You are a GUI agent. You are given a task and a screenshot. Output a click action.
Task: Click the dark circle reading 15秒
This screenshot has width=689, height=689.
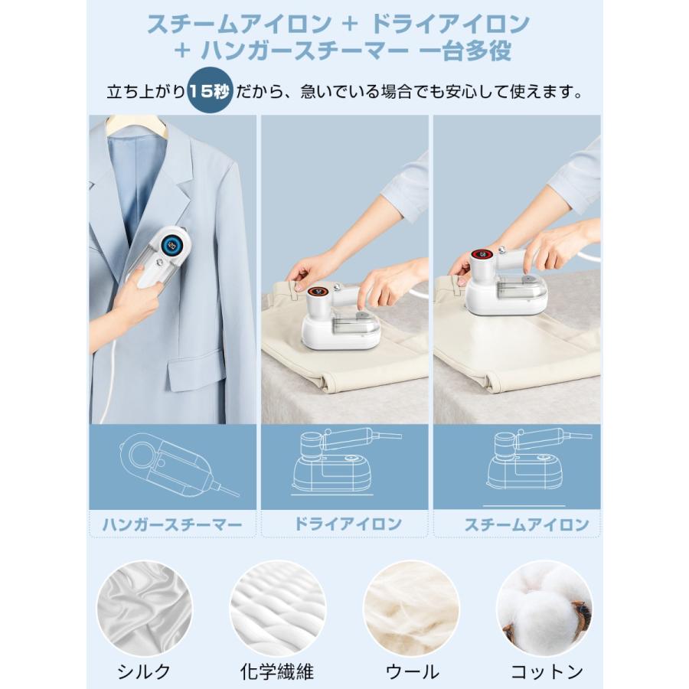click(x=210, y=90)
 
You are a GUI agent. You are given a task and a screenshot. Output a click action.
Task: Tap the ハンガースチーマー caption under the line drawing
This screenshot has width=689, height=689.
click(x=172, y=524)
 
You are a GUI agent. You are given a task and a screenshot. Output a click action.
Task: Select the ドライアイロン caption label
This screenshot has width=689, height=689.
click(x=348, y=524)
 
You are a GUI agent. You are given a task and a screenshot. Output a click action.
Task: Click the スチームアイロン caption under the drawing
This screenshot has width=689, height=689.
click(x=527, y=524)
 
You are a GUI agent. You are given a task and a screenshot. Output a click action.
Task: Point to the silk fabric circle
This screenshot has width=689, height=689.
click(x=145, y=609)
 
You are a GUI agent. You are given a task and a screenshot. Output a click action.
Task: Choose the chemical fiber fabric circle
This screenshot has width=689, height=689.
click(x=278, y=609)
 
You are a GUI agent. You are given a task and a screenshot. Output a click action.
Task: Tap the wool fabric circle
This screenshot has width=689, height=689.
click(x=411, y=609)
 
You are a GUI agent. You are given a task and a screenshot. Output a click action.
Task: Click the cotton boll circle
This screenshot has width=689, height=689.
click(x=544, y=609)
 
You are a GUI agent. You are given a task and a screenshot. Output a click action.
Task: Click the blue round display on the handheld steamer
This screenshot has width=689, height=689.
click(x=172, y=244)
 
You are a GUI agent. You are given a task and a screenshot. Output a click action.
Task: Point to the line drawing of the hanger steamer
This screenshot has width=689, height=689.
click(x=178, y=465)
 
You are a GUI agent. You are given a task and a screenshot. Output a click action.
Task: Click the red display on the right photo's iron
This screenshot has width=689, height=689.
click(x=482, y=255)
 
